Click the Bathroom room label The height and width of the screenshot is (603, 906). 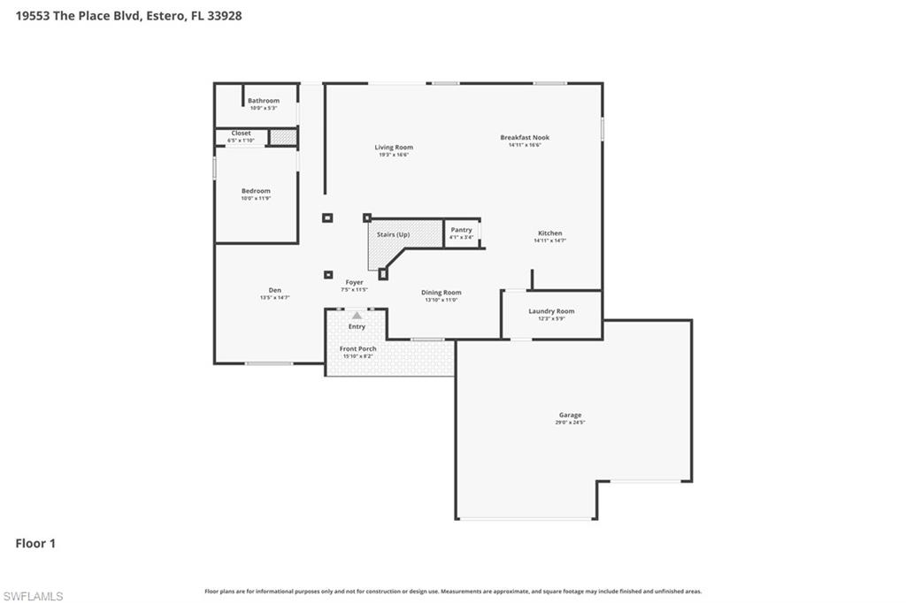(263, 101)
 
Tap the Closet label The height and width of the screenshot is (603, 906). (241, 134)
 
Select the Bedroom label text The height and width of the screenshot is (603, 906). (256, 191)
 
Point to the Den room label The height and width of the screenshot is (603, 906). (274, 290)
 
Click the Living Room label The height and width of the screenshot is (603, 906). (393, 148)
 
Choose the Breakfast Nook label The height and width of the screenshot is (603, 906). (525, 138)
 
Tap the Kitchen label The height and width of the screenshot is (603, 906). (549, 233)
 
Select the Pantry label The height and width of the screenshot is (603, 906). (461, 230)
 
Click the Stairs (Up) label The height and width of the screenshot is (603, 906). (393, 234)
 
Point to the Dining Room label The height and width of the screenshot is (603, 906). (441, 293)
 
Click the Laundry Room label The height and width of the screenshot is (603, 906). (551, 311)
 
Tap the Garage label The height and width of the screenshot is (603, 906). (570, 415)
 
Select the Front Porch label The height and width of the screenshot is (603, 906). (357, 348)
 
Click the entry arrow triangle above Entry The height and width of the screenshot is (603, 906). (357, 315)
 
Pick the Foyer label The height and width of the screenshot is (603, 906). (354, 283)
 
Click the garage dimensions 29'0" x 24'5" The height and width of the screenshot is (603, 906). (570, 423)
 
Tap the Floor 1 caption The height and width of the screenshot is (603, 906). (35, 544)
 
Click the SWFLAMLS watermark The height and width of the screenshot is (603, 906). (33, 596)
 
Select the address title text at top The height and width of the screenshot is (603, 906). (129, 15)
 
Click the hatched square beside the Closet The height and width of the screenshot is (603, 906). (282, 137)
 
